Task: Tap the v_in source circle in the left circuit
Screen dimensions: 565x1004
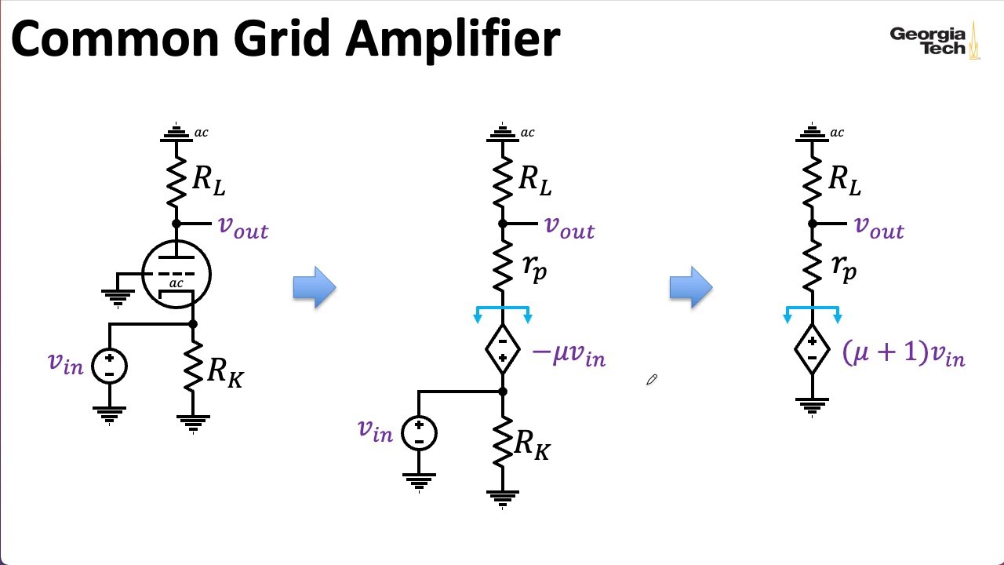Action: click(x=109, y=366)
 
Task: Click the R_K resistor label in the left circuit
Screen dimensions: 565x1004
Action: click(x=224, y=371)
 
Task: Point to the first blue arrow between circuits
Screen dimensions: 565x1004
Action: click(x=315, y=287)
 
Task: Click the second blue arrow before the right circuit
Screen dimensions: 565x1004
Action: click(x=691, y=287)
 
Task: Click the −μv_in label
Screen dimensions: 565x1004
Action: click(x=569, y=355)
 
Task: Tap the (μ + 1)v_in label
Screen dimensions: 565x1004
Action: click(x=903, y=353)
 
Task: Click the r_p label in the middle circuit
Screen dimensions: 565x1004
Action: click(x=534, y=268)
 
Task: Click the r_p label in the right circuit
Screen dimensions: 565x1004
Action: click(x=843, y=268)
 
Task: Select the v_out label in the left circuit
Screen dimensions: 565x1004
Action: click(x=243, y=228)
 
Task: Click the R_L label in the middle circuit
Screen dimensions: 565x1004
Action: click(x=534, y=180)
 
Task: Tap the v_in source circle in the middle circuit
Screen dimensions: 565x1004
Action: click(x=419, y=433)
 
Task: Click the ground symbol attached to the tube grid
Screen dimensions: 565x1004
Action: click(x=118, y=295)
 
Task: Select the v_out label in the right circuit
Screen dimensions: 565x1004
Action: click(x=878, y=228)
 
